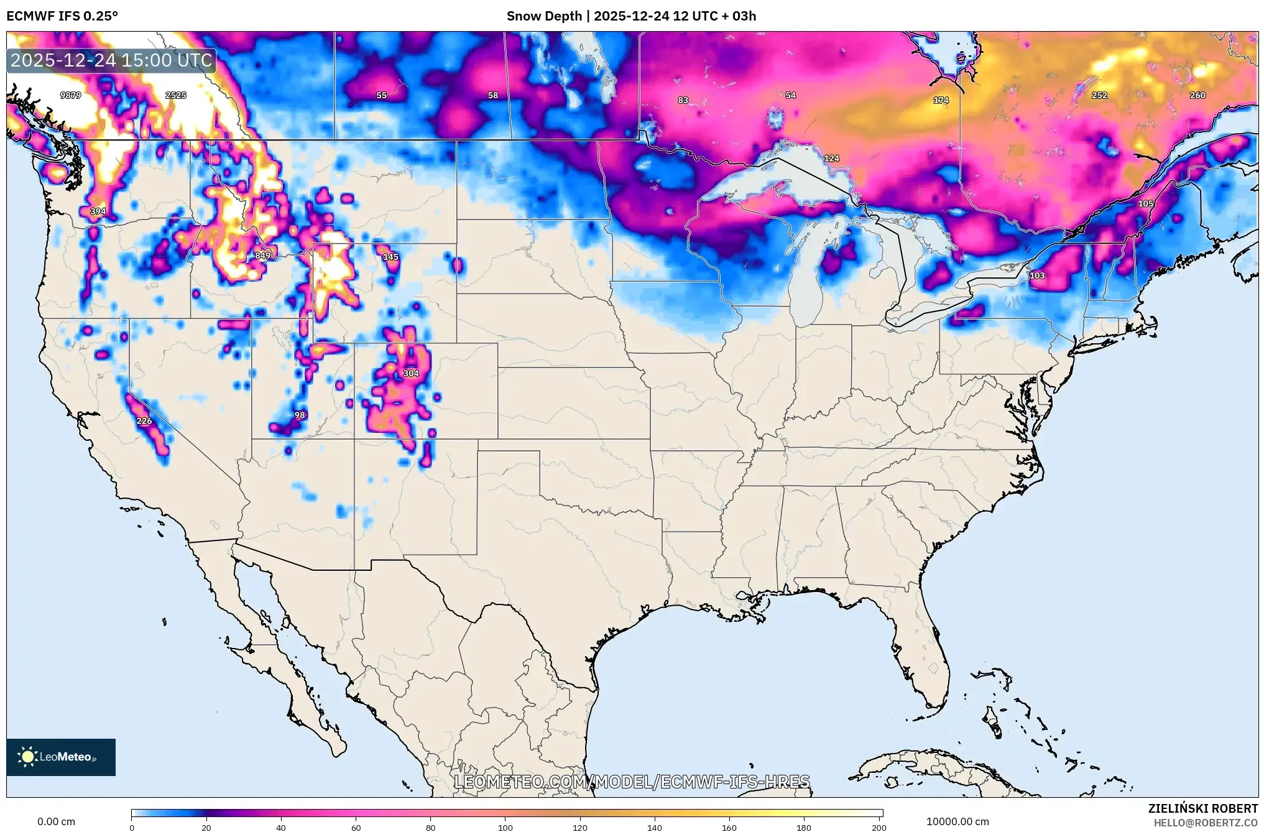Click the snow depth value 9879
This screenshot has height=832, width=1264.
pos(70,95)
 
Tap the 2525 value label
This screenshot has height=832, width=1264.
pos(176,95)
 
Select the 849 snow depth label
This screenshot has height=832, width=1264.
pos(262,256)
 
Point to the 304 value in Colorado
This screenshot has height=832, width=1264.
pos(411,373)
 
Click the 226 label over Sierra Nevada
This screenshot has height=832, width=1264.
pos(144,421)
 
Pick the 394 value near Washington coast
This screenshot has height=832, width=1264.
pos(98,211)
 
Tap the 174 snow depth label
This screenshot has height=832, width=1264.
pos(941,100)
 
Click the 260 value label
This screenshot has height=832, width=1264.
pos(1197,95)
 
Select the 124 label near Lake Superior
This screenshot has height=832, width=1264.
pos(831,159)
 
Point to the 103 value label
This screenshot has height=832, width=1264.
pos(1036,275)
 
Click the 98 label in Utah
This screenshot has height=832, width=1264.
pos(300,415)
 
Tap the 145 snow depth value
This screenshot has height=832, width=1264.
pos(390,257)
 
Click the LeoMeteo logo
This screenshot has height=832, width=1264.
pos(61,757)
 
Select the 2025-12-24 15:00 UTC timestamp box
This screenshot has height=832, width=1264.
pos(111,60)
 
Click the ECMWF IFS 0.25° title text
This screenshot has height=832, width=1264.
pos(62,16)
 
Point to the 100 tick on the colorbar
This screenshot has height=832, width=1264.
pos(505,827)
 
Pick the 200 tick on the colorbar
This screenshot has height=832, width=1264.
pos(879,827)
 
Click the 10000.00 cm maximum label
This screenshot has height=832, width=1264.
pos(957,821)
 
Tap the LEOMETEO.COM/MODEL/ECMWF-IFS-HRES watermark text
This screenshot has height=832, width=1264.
pos(632,782)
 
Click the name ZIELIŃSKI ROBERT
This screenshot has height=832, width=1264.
pos(1202,808)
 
